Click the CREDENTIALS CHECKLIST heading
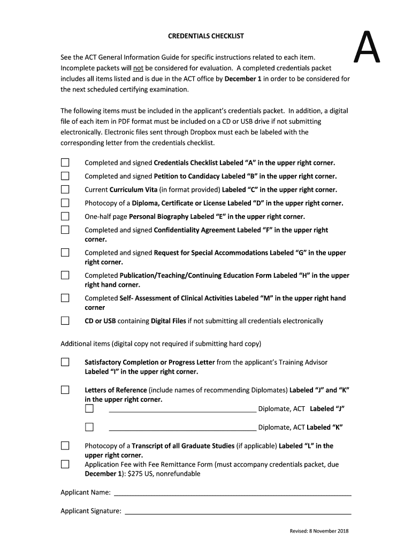pos(206,36)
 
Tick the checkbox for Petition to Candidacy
pos(65,176)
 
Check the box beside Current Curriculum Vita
pos(65,189)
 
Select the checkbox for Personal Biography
pos(65,216)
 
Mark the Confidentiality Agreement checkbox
pos(65,230)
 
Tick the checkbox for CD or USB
pos(65,321)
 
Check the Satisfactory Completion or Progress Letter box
pos(65,362)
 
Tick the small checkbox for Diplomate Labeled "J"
pos(89,409)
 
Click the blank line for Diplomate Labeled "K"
pos(182,428)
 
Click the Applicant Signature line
pos(238,512)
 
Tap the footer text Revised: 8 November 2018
pos(319,531)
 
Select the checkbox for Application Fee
pos(65,465)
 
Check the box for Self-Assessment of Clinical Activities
pos(65,298)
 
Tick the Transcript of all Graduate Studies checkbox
pos(65,446)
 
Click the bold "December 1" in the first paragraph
pos(243,79)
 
